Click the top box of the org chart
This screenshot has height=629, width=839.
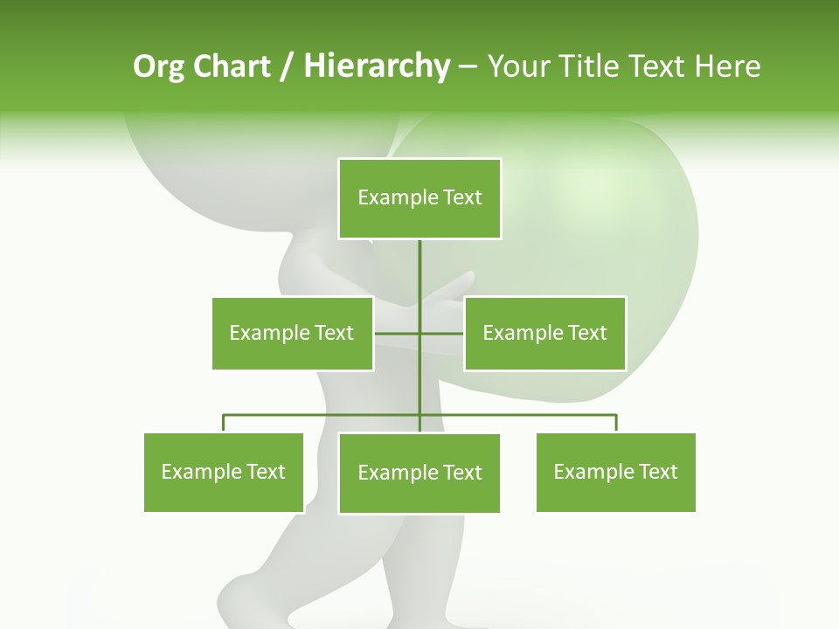click(x=419, y=198)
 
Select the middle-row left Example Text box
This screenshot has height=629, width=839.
click(x=292, y=333)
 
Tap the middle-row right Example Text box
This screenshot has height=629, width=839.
click(x=544, y=333)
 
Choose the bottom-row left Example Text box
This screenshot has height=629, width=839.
click(x=224, y=473)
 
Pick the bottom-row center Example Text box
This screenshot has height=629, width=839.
click(x=419, y=473)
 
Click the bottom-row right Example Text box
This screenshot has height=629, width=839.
click(x=615, y=473)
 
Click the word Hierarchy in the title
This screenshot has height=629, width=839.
click(x=376, y=66)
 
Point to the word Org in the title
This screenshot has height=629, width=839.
click(x=158, y=66)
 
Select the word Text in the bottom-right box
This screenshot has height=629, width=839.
click(x=656, y=473)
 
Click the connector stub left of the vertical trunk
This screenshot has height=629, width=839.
click(x=397, y=333)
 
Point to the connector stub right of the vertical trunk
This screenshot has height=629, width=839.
click(x=442, y=333)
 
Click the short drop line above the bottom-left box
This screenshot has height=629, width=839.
click(x=224, y=424)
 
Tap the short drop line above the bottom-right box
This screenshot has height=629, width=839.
click(x=616, y=424)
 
